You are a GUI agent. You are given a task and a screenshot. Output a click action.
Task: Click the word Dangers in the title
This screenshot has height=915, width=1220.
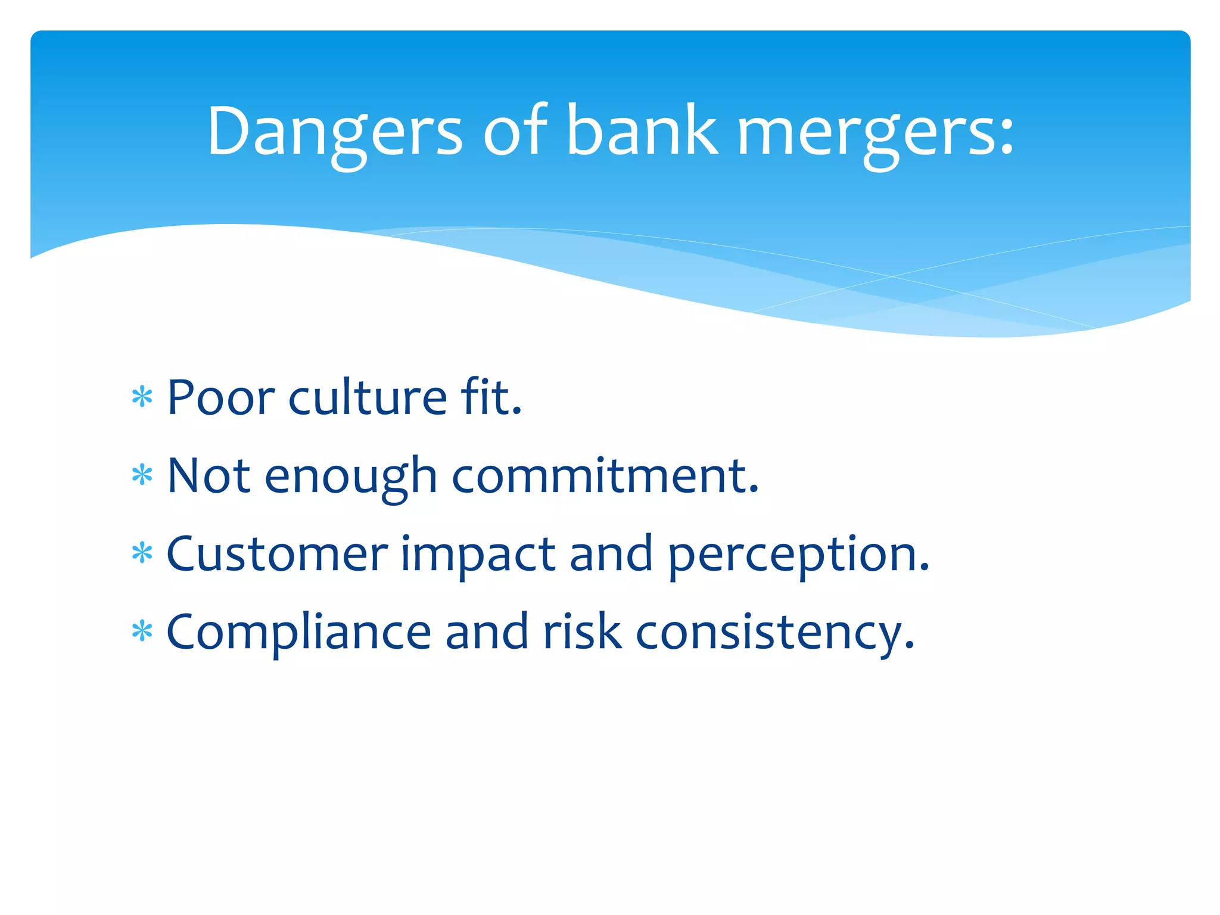(334, 131)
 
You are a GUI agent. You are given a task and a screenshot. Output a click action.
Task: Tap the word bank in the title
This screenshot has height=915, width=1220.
(642, 131)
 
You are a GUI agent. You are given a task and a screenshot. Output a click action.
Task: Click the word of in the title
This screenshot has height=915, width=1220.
(514, 131)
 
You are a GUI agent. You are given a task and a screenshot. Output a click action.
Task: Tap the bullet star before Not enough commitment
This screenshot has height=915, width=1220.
(142, 475)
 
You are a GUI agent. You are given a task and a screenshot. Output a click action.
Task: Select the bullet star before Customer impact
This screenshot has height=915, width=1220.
(142, 553)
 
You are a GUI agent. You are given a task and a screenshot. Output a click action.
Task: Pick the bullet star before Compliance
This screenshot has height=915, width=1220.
(142, 631)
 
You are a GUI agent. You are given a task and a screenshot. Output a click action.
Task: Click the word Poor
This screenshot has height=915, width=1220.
(221, 397)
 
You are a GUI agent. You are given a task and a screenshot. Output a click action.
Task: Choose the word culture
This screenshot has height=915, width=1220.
(368, 397)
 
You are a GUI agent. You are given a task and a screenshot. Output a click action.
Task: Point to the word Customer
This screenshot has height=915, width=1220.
(277, 554)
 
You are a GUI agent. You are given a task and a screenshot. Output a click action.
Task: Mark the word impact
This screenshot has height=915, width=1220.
(478, 556)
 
